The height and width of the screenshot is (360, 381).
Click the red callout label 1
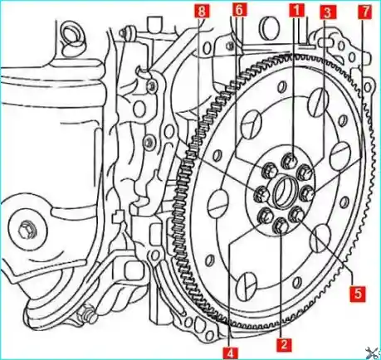pos(296,10)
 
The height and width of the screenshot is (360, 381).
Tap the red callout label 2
pos(284,344)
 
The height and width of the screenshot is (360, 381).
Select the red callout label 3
pos(327,12)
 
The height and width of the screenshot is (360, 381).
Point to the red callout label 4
pos(231,353)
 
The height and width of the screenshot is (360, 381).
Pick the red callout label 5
pos(358,294)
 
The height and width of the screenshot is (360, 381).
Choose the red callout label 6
pos(239,10)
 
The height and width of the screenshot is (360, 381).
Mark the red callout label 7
pos(365,12)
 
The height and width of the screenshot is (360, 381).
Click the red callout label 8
pos(202,12)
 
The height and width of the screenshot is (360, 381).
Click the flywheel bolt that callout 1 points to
pos(289,160)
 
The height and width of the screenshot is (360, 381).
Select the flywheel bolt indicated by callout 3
pos(305,173)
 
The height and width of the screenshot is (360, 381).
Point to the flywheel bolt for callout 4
pos(265,216)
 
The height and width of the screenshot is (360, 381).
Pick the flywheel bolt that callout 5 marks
pos(296,215)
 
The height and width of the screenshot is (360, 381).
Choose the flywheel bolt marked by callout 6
pos(270,170)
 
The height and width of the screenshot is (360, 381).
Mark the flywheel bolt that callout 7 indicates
pos(307,192)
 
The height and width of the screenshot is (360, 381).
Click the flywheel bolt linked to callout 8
pos(261,192)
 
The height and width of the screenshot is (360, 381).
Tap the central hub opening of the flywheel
pos(284,192)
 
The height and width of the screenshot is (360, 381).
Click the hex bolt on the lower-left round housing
pos(25,228)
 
